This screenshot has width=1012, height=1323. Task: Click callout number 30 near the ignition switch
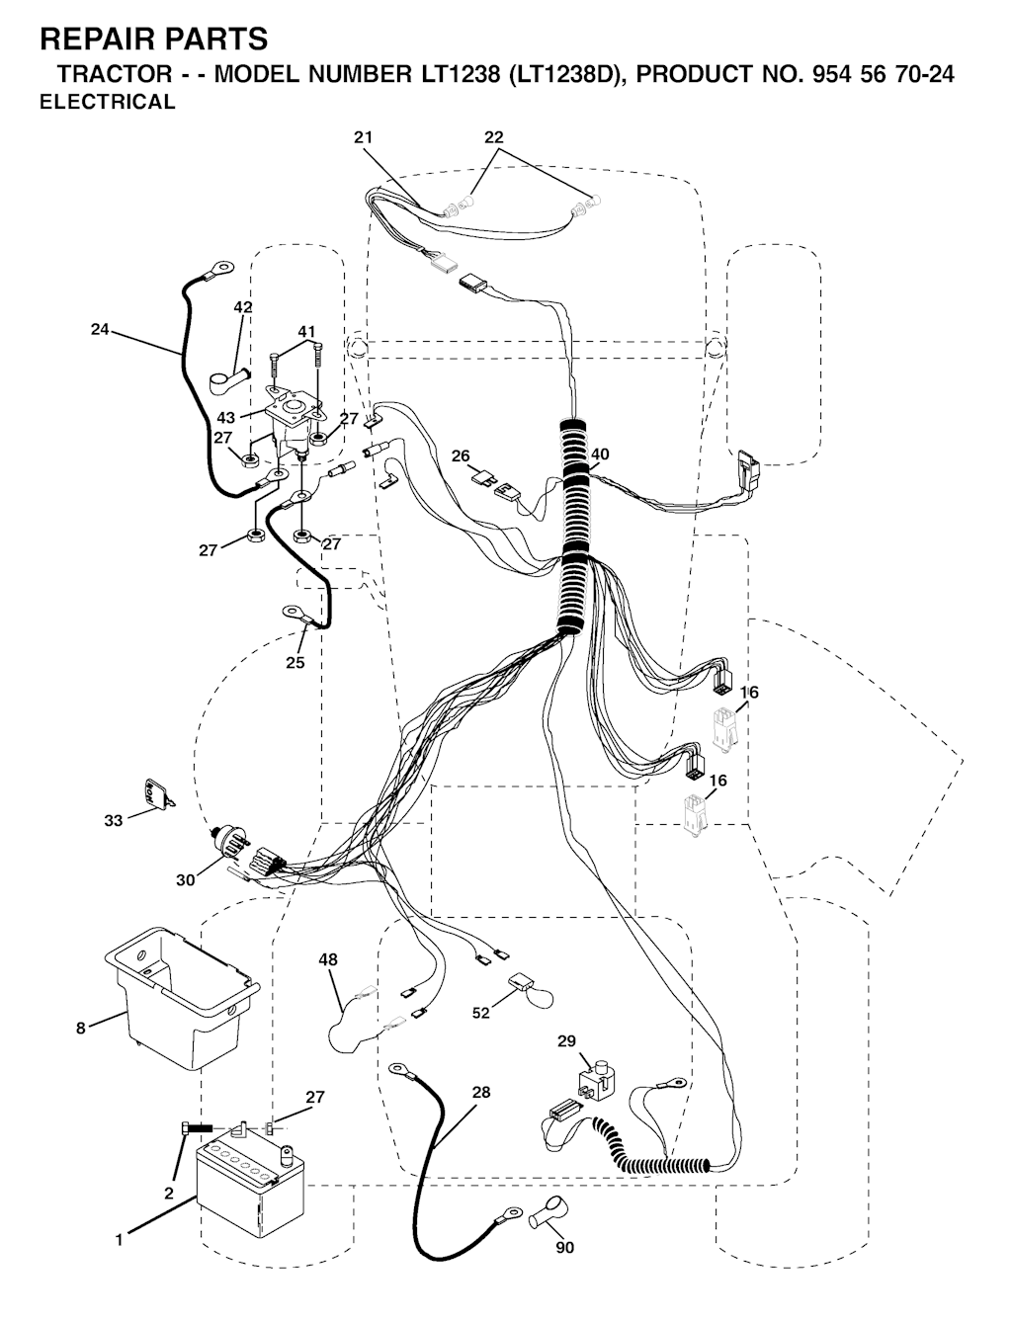point(186,879)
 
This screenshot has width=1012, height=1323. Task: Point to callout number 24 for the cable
point(100,329)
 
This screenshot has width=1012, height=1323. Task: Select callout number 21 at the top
point(364,137)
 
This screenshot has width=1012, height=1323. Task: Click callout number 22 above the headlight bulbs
point(493,137)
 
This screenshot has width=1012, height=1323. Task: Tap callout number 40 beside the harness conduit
point(600,454)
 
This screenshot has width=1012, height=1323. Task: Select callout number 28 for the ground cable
point(481,1092)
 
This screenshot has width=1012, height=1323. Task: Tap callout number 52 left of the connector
point(481,1013)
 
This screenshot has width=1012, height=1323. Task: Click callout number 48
point(329,959)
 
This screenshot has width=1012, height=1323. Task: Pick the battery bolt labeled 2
point(196,1126)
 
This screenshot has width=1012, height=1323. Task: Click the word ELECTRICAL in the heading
point(108,102)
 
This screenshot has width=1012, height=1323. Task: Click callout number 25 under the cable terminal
point(295,662)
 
